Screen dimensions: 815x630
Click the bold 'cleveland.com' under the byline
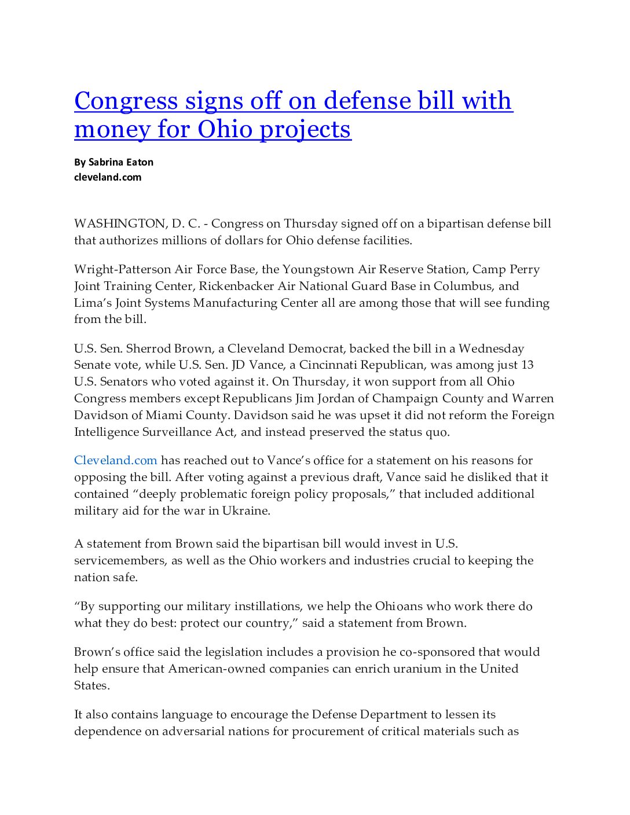(108, 177)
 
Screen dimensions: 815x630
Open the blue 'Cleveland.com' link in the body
(116, 461)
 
